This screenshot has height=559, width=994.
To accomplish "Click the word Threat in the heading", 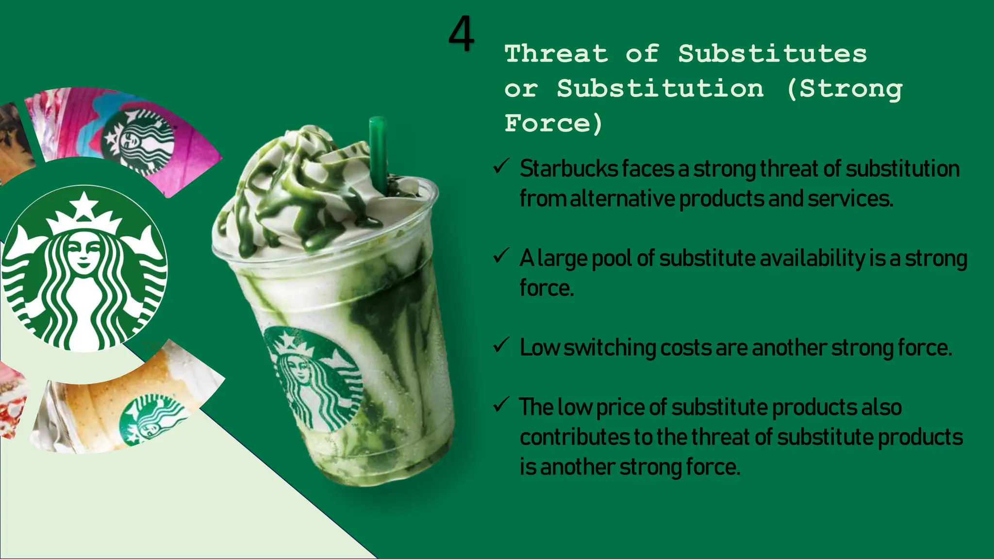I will (x=556, y=53).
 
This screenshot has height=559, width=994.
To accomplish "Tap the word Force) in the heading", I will (x=553, y=123).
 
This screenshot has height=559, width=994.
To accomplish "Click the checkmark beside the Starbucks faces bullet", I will (x=500, y=166).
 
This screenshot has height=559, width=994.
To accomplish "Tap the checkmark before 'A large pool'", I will (x=500, y=256).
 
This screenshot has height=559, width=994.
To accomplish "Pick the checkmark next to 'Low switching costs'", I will (x=500, y=345).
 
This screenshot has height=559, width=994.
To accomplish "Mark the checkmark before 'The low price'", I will (x=500, y=404).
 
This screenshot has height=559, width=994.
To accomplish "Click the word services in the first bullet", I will (x=850, y=198).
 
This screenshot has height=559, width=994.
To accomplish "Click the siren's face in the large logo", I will (x=84, y=252).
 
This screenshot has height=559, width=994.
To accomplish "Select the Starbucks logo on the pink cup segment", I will (x=139, y=141).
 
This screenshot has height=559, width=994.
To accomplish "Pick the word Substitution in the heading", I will (x=660, y=88).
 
